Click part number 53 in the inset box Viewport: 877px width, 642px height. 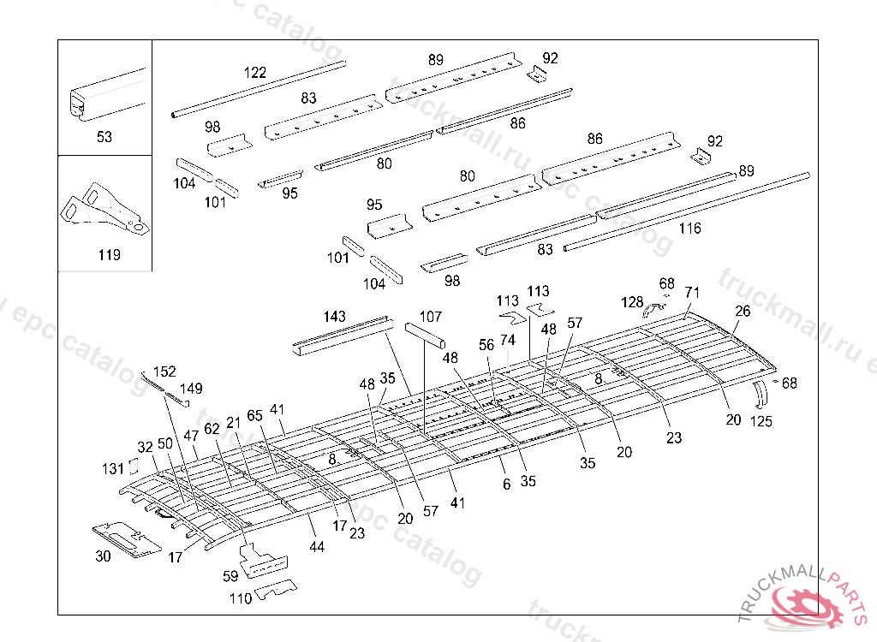coord(104,137)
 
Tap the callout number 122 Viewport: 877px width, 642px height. coord(255,73)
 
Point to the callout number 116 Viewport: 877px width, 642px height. coord(689,229)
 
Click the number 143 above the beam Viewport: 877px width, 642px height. coord(334,317)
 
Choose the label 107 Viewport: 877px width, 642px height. coord(430,317)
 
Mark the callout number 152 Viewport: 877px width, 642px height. coord(164,372)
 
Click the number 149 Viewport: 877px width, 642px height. coord(191,389)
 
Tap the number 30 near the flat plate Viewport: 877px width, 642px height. coord(103,556)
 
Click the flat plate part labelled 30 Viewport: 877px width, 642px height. coord(126,538)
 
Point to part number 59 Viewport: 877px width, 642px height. coord(230,576)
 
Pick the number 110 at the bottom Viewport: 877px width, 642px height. coord(242,598)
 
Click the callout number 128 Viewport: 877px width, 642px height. coord(632,301)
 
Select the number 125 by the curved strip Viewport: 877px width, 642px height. coord(761,421)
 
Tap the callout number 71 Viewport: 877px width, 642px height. coord(692,293)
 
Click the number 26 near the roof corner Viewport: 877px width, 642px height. coord(742,312)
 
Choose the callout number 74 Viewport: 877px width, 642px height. coord(508,340)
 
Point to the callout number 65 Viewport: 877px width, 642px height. coord(254,414)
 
